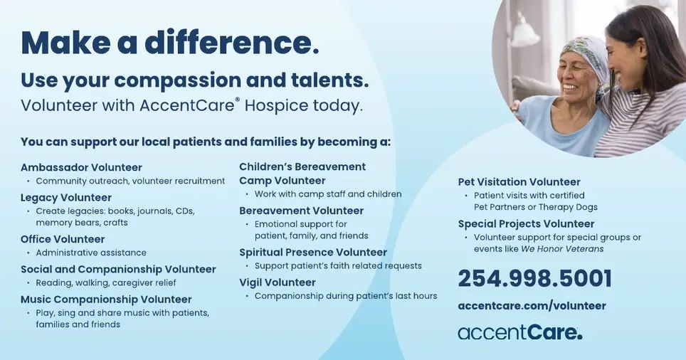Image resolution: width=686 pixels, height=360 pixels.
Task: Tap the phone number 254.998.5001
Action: [x=534, y=278]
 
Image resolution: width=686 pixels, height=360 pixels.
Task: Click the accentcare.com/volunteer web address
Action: [x=532, y=306]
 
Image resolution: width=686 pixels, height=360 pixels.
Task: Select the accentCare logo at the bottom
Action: [x=519, y=332]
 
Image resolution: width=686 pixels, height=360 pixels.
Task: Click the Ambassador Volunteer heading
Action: [x=81, y=168]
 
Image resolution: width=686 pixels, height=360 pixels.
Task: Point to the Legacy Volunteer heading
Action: [x=66, y=198]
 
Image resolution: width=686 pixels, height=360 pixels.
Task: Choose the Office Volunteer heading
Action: [x=63, y=239]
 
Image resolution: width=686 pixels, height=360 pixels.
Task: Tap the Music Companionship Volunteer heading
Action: [x=106, y=300]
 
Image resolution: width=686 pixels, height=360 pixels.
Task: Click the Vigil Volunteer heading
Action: [x=278, y=282]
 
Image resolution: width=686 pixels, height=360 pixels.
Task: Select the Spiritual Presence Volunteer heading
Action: [x=313, y=253]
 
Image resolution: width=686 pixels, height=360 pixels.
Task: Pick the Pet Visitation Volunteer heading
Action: [x=519, y=182]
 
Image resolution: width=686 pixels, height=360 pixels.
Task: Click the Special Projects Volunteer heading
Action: [x=526, y=224]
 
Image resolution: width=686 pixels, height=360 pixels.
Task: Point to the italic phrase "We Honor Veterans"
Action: [x=562, y=249]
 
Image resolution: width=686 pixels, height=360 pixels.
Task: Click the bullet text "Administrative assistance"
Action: [x=91, y=253]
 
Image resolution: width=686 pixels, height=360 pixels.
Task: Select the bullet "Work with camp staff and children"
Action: [x=328, y=194]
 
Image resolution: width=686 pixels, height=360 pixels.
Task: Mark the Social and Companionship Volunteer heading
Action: [x=118, y=270]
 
